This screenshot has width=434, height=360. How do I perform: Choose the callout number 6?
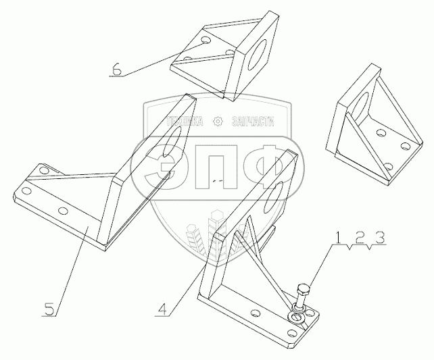coord(119,68)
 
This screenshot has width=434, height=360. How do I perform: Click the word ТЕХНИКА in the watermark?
coord(185,122)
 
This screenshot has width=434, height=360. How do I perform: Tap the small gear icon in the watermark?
coord(217,122)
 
